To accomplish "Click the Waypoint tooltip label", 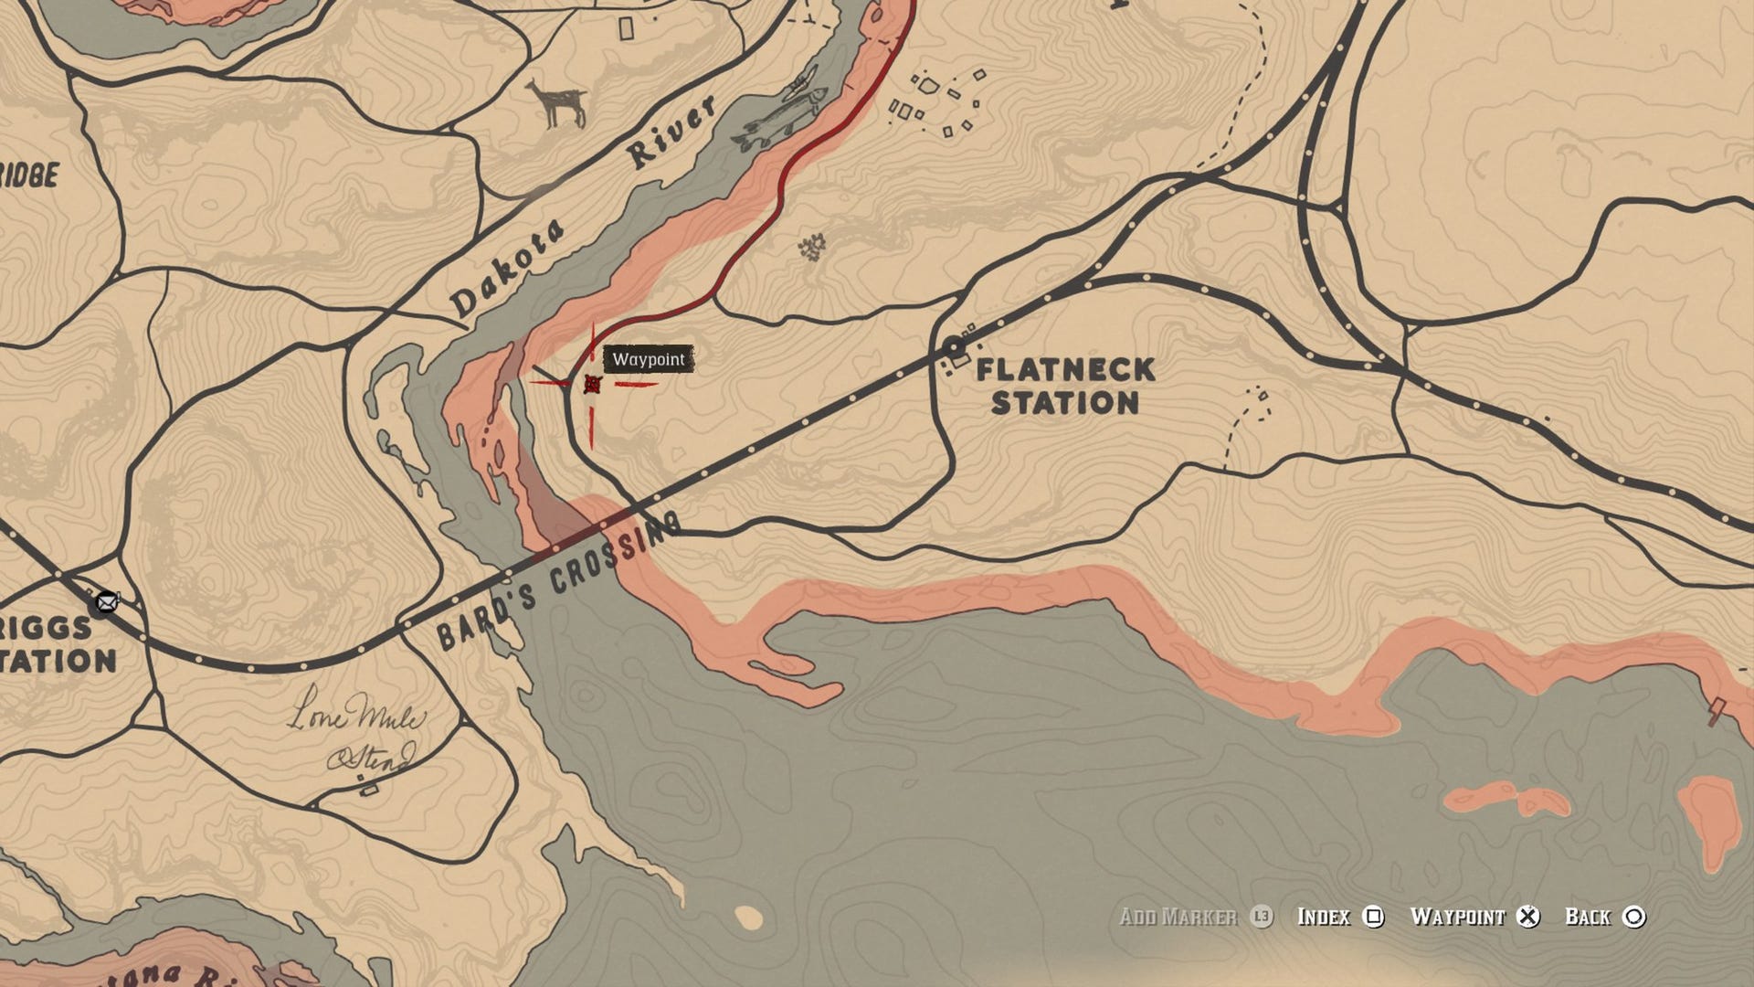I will [x=648, y=359].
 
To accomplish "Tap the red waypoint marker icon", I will [x=592, y=384].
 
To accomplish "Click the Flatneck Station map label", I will [x=1065, y=386].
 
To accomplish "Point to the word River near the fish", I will [x=671, y=133].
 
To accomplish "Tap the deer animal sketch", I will [x=555, y=102].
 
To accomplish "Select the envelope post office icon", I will [x=107, y=602].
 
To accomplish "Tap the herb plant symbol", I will [x=811, y=247].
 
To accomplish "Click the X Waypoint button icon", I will [x=1527, y=917].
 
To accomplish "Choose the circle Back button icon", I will [x=1634, y=917].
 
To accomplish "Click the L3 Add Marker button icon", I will [x=1262, y=917].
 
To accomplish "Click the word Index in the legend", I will [x=1324, y=917].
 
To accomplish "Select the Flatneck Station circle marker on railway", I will [x=954, y=347].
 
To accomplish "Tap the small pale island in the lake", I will [x=749, y=917].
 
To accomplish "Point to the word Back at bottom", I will [x=1588, y=917].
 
